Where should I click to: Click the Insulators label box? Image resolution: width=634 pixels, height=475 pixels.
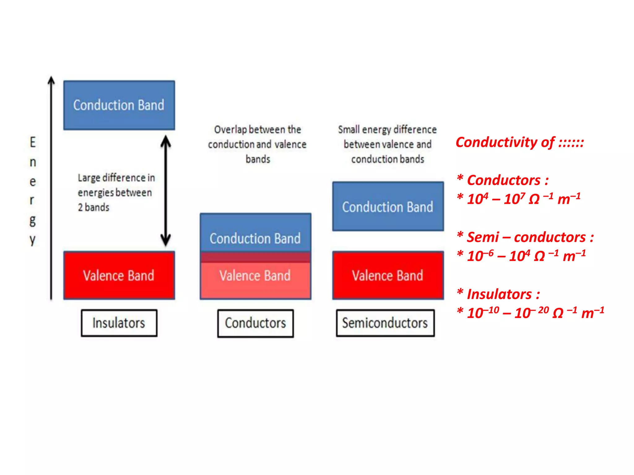(x=119, y=323)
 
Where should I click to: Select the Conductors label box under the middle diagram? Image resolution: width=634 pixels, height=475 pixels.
(x=255, y=323)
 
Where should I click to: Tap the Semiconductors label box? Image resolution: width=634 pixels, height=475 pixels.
(x=385, y=323)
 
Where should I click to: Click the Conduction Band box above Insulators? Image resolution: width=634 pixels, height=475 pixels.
(x=119, y=105)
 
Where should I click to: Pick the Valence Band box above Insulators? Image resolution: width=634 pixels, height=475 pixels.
(x=119, y=275)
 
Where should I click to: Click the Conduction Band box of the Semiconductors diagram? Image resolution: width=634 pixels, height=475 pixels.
(x=388, y=207)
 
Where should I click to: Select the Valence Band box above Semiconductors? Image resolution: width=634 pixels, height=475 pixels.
(x=388, y=275)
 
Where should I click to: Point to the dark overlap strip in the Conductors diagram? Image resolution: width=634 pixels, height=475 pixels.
(x=255, y=257)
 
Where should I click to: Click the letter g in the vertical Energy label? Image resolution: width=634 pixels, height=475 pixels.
(x=33, y=220)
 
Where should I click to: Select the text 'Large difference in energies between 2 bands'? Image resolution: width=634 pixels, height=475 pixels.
(x=116, y=192)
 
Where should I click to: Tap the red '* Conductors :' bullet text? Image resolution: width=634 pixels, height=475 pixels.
(x=503, y=180)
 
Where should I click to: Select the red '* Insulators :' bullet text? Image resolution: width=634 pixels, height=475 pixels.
(x=499, y=294)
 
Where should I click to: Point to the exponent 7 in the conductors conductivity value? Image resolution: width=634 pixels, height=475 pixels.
(x=523, y=195)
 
